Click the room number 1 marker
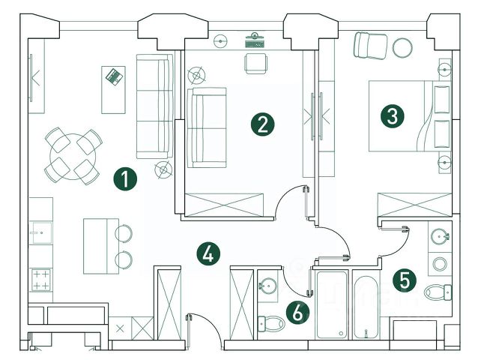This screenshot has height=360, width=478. click(x=125, y=178)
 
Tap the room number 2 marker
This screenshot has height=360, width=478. click(x=261, y=124)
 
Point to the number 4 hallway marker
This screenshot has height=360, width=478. click(x=209, y=253)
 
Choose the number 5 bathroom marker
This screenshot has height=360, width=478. click(x=405, y=280)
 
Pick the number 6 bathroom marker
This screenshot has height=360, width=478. click(x=298, y=313)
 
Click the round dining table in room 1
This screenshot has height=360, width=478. click(x=73, y=156)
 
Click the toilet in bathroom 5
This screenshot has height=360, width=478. click(x=438, y=291)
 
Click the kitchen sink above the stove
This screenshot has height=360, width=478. click(x=39, y=233)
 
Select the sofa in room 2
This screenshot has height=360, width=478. click(x=205, y=127)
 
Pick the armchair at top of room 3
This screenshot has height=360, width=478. click(x=369, y=45)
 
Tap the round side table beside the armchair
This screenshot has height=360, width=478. click(x=402, y=47)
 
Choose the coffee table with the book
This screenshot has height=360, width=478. click(x=113, y=88)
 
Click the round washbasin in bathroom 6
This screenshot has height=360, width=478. click(x=267, y=285)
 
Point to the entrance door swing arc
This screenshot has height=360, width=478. click(x=201, y=328)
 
